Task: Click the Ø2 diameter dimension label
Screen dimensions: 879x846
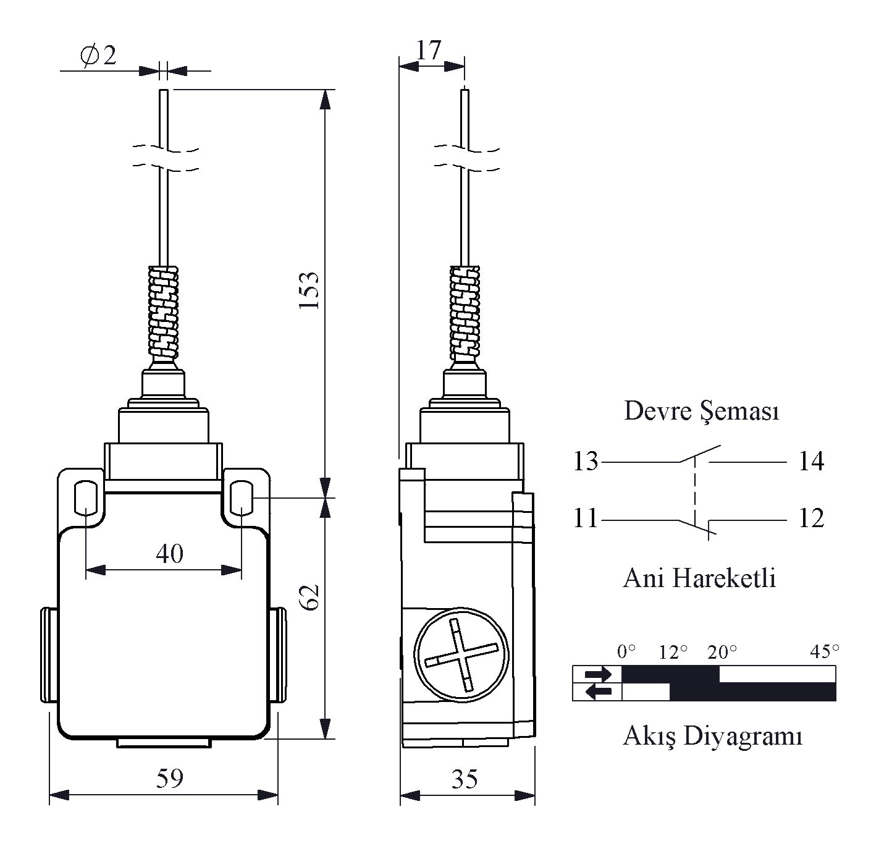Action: tap(98, 56)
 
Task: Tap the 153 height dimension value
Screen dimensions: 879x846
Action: tap(309, 290)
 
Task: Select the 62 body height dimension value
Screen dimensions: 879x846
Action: tap(310, 598)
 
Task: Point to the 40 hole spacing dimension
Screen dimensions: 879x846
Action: tap(170, 554)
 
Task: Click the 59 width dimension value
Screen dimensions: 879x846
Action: tap(170, 778)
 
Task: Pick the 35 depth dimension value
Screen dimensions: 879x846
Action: tap(465, 779)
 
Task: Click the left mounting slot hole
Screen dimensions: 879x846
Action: tap(86, 498)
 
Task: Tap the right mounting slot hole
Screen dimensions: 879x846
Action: tap(242, 498)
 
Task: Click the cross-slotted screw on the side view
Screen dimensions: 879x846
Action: tap(461, 655)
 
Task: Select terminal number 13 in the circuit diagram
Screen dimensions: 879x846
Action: tap(586, 462)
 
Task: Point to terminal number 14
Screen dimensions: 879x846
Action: tap(812, 462)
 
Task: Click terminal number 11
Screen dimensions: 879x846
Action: tap(586, 518)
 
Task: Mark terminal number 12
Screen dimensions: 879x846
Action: tap(812, 518)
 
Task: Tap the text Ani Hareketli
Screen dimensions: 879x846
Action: tap(700, 578)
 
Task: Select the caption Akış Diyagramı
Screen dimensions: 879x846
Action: tap(713, 736)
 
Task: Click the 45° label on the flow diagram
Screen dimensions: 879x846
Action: tap(825, 651)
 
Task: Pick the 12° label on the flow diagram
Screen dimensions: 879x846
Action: tap(673, 652)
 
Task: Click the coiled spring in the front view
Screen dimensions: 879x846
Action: tap(163, 312)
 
